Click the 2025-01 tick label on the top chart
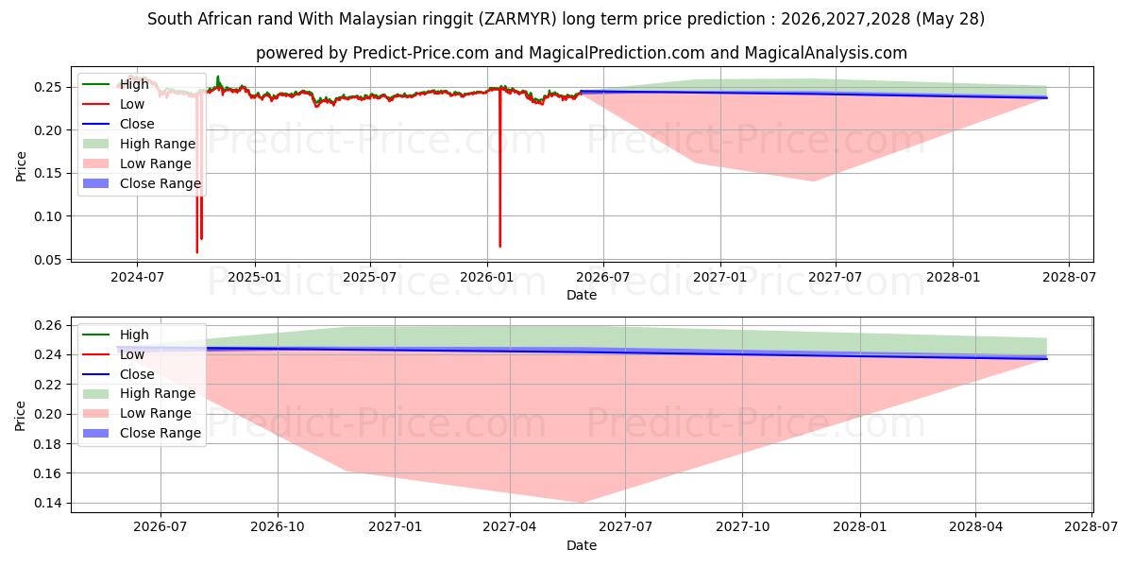tap(254, 278)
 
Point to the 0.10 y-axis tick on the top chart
tap(47, 216)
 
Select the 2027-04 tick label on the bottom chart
tap(509, 527)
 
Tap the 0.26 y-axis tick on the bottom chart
tap(47, 325)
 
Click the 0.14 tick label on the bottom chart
tap(47, 503)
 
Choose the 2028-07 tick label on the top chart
tap(1069, 278)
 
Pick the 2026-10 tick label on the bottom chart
tap(278, 527)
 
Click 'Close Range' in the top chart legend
tap(161, 183)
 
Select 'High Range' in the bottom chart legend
tap(158, 393)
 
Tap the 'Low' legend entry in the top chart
tap(132, 104)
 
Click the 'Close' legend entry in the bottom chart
tap(137, 374)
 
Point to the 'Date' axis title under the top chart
tap(582, 295)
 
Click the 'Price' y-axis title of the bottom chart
tap(20, 416)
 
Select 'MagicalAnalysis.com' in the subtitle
tap(825, 53)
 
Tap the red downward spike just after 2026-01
tap(499, 167)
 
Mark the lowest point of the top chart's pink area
tap(813, 180)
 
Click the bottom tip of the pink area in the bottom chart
tap(582, 503)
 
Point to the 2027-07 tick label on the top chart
tap(835, 278)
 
